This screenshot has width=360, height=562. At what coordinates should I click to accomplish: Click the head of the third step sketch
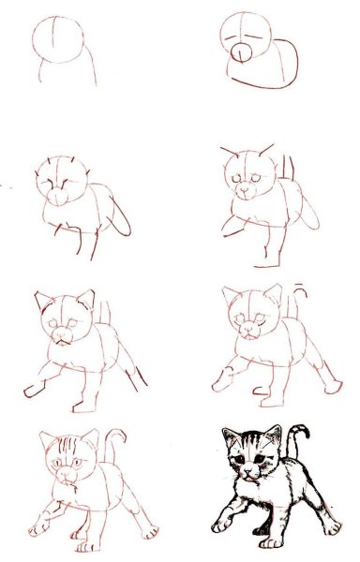[x=62, y=175]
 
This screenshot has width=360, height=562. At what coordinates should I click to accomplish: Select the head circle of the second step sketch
[x=246, y=37]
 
